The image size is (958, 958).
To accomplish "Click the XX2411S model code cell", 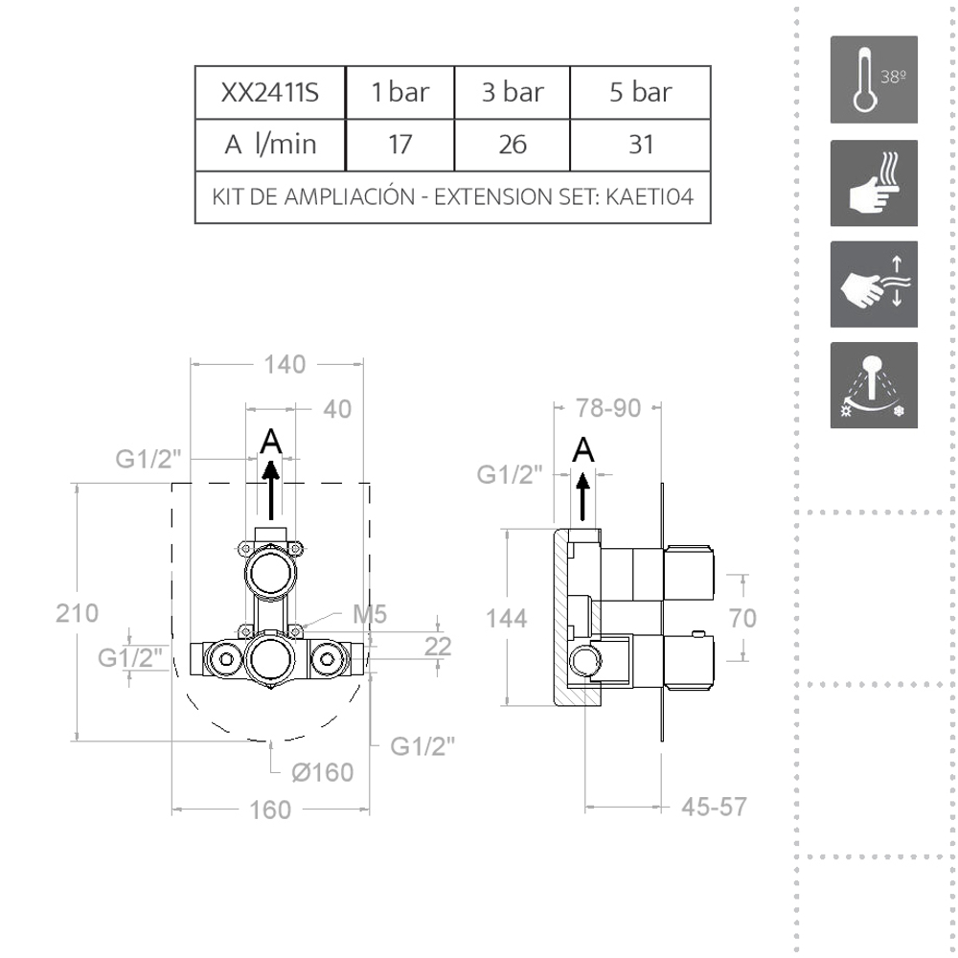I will [269, 93].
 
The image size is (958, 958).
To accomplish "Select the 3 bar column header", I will [513, 93].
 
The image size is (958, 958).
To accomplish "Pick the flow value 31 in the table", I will [641, 145].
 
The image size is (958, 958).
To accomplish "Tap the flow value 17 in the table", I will [399, 145].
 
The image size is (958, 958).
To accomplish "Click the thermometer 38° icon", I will [873, 80].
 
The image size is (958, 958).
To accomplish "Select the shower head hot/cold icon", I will [873, 385].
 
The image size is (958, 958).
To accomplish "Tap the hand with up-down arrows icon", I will [873, 284].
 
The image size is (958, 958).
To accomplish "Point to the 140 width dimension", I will [285, 364].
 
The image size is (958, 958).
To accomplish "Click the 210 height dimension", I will [78, 613].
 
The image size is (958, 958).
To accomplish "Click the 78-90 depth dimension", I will [607, 408].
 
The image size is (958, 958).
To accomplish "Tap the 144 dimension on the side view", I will [506, 619].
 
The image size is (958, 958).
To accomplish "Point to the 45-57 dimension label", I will [714, 807].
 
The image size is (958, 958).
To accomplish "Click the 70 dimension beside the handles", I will [742, 619].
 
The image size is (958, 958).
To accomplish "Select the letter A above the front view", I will [272, 442].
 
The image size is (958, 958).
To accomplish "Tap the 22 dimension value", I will [438, 647].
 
